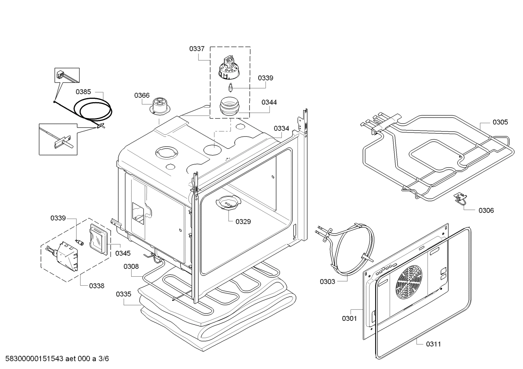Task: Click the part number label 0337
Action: pyautogui.click(x=197, y=49)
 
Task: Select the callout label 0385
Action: pyautogui.click(x=83, y=92)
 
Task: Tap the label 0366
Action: pyautogui.click(x=142, y=95)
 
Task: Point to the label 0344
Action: pyautogui.click(x=269, y=102)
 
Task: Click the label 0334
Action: pyautogui.click(x=281, y=129)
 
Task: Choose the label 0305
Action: pyautogui.click(x=500, y=122)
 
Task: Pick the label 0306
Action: pyautogui.click(x=486, y=210)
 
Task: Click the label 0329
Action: pyautogui.click(x=243, y=222)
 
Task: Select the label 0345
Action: pyautogui.click(x=123, y=253)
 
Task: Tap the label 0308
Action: pyautogui.click(x=131, y=267)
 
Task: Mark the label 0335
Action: pyautogui.click(x=123, y=294)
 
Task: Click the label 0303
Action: pyautogui.click(x=328, y=281)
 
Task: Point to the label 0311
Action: pyautogui.click(x=433, y=344)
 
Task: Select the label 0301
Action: pyautogui.click(x=349, y=318)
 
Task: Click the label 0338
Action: pyautogui.click(x=96, y=286)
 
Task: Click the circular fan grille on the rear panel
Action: pyautogui.click(x=410, y=280)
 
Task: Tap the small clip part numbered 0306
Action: pyautogui.click(x=460, y=197)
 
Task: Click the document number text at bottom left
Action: pyautogui.click(x=55, y=359)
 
